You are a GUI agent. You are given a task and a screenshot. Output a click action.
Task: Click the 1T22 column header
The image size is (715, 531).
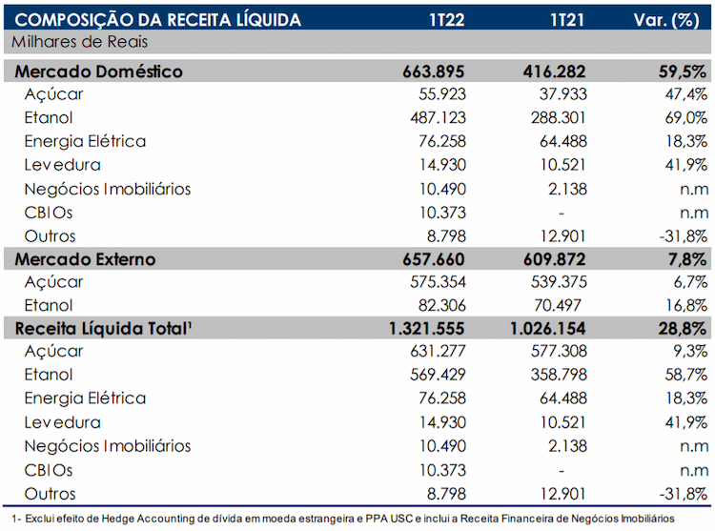[x=446, y=20]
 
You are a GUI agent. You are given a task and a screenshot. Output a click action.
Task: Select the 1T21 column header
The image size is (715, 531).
[x=567, y=20]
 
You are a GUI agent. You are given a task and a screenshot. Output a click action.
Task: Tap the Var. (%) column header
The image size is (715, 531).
[x=666, y=21]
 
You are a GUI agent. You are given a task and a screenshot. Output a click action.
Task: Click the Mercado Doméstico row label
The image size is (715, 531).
[x=98, y=71]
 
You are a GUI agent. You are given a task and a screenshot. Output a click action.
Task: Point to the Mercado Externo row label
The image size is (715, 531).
[x=85, y=259]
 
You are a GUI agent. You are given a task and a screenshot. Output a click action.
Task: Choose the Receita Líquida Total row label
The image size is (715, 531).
[x=103, y=328]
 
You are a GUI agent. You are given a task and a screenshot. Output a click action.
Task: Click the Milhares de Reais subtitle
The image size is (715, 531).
[x=79, y=42]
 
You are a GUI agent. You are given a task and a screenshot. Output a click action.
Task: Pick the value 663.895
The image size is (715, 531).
[x=433, y=71]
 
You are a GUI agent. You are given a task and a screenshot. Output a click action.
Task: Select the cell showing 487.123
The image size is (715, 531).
[x=438, y=117]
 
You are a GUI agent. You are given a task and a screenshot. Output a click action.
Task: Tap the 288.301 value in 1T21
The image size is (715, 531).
[x=558, y=117]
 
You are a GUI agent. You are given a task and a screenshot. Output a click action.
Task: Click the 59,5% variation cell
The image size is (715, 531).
[x=683, y=72]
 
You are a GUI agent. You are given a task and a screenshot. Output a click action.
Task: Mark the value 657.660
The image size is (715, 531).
[x=433, y=259]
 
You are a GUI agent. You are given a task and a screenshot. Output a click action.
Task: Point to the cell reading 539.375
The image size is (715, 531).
[x=559, y=281]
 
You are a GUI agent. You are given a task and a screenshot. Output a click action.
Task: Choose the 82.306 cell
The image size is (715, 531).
[x=441, y=305]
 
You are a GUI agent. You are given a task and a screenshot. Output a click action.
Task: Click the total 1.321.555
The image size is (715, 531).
[x=426, y=329]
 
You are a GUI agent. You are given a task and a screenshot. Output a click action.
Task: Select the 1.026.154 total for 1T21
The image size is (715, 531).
[x=547, y=329]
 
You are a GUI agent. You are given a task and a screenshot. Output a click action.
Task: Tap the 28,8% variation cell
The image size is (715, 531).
[x=683, y=329]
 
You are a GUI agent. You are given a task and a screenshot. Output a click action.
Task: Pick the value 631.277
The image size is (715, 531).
[x=438, y=351]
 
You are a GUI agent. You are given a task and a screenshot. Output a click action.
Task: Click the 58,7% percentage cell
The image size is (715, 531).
[x=685, y=375]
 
